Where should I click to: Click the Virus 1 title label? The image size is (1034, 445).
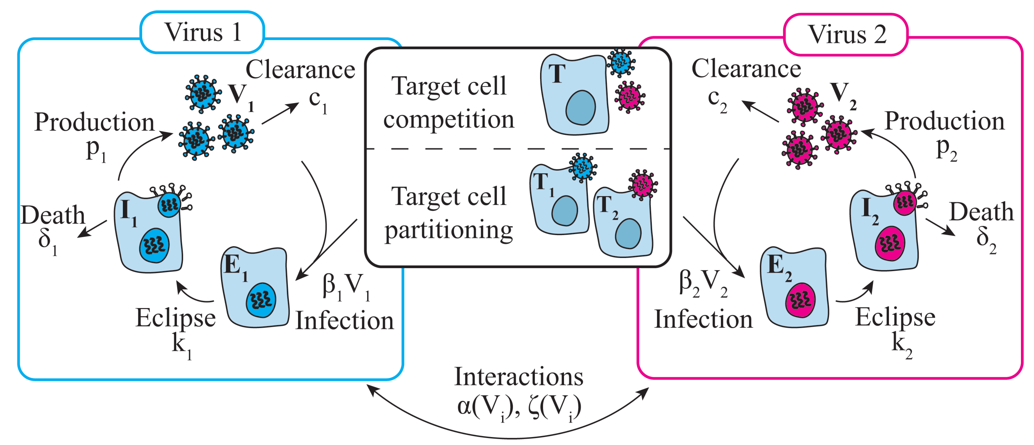203,32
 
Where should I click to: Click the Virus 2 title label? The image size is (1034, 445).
846,35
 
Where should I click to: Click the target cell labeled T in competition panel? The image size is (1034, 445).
574,96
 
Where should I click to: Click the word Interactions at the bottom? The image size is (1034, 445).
519,377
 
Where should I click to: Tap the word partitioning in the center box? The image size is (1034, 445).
449,231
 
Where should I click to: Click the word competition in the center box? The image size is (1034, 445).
449,120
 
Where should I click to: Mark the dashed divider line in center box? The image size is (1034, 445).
518,149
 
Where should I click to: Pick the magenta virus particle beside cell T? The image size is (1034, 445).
629,96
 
